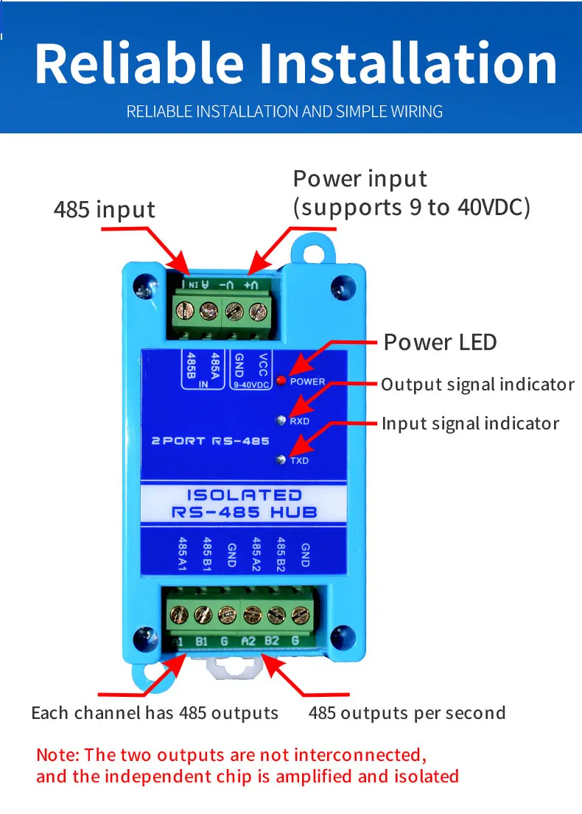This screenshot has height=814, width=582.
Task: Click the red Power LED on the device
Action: point(281,381)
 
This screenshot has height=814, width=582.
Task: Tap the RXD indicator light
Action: point(281,421)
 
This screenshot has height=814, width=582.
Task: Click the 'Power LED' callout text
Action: point(440,343)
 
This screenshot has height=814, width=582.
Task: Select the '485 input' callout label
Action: point(105,210)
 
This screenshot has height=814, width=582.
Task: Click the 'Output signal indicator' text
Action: point(477,385)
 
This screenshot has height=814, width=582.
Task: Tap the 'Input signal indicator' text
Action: point(470,424)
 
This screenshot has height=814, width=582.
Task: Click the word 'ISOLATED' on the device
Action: point(244,495)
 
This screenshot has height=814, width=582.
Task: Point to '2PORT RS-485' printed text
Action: point(210,441)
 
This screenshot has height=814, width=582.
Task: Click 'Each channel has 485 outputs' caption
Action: point(155,713)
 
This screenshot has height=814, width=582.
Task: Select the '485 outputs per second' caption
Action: point(407,713)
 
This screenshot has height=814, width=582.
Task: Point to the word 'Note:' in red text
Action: point(58,755)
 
